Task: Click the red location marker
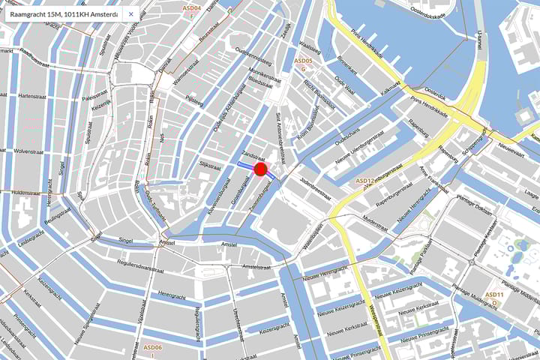tap(260, 169)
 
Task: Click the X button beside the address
tap(130, 13)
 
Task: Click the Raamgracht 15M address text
tap(64, 13)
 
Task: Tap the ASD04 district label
tap(192, 8)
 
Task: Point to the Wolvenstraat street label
tap(31, 151)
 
